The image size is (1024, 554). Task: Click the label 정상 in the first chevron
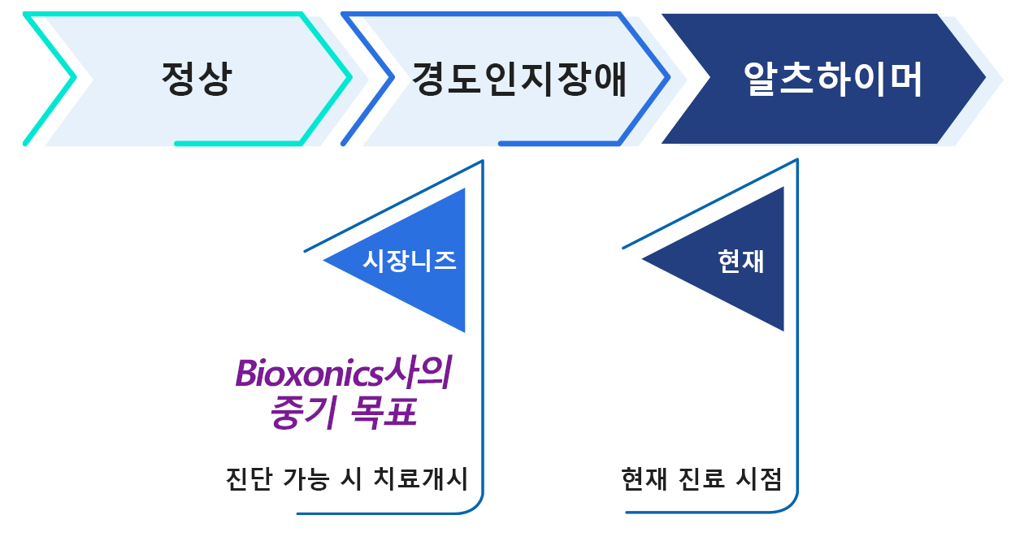point(197,79)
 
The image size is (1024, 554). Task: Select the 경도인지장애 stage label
point(519,79)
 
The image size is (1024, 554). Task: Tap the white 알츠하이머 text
point(832,79)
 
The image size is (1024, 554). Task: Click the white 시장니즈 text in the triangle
point(409,262)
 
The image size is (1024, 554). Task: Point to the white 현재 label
point(740,262)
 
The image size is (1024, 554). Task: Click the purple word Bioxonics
point(309,374)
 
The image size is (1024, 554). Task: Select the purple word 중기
point(304,413)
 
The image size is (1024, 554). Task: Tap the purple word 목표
point(384,413)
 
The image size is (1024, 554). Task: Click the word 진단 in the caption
point(249,479)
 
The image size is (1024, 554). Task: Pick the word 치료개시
point(421,479)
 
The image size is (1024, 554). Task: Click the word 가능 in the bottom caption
point(306,479)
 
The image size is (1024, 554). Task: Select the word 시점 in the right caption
point(759,479)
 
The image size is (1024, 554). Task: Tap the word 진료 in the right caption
point(701,479)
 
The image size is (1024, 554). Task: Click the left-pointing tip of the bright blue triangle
point(323,260)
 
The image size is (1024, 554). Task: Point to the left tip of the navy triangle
point(642,258)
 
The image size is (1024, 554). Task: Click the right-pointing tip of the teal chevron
point(351,78)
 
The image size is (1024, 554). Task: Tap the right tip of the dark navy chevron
point(986,78)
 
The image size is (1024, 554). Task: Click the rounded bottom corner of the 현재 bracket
point(791,505)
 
